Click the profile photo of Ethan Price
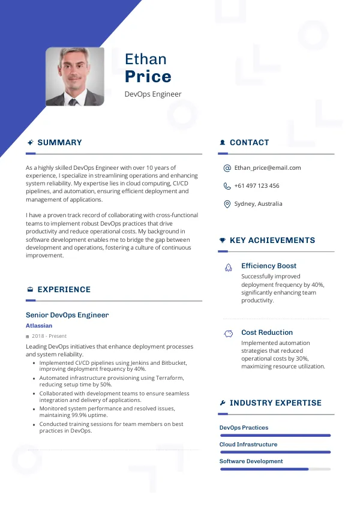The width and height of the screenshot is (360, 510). click(x=74, y=77)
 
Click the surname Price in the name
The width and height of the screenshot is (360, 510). click(x=148, y=77)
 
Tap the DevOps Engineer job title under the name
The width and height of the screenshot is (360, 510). click(x=153, y=94)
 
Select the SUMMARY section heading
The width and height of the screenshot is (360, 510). click(x=59, y=143)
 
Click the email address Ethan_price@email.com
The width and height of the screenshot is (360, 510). click(x=268, y=168)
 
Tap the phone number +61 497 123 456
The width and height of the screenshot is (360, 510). click(x=257, y=186)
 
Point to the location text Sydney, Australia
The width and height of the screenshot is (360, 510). click(x=258, y=204)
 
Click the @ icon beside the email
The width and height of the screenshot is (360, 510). click(x=227, y=169)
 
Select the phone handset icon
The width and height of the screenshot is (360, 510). click(x=227, y=186)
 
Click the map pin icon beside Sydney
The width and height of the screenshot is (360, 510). click(x=227, y=204)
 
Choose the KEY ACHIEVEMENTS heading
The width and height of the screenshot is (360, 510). click(x=272, y=241)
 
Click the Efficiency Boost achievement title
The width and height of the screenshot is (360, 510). click(x=269, y=266)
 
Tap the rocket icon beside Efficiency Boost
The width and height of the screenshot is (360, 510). click(x=228, y=267)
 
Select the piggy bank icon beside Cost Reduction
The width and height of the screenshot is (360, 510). click(x=228, y=333)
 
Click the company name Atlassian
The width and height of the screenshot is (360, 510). click(x=40, y=326)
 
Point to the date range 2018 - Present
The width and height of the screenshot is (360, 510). click(x=49, y=336)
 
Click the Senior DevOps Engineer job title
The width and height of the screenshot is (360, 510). click(x=67, y=315)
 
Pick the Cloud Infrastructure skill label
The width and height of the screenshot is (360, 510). click(x=248, y=445)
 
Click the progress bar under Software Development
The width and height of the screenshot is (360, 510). click(x=275, y=469)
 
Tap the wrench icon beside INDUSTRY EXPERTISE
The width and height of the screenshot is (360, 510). click(x=223, y=403)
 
